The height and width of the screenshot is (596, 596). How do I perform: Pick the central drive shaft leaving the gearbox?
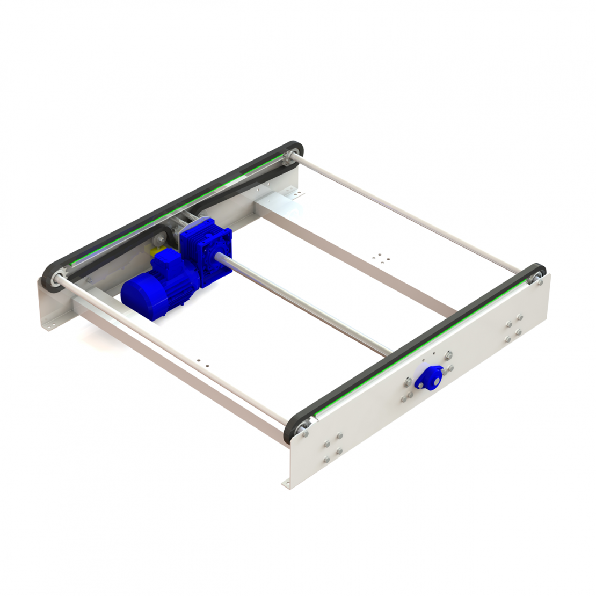301,303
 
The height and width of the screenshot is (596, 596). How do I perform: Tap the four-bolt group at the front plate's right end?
513,328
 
